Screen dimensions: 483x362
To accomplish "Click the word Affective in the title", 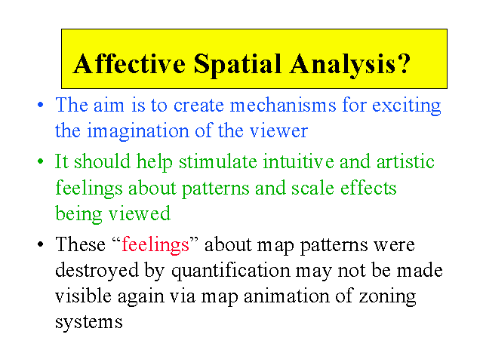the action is coord(129,63).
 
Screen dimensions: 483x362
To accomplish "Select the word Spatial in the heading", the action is coord(238,66).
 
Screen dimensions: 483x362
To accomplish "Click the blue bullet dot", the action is coord(40,105).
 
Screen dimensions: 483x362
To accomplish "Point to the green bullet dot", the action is coord(40,161).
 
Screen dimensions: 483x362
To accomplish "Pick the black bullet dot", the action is coord(40,244).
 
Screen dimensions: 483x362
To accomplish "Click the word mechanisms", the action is coord(283,105).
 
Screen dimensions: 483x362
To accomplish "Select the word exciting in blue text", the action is coord(407,106).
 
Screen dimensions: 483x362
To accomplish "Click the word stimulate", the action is coord(218,161).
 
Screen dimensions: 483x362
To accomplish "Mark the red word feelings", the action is coord(155,246).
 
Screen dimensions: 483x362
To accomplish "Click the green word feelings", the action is coord(89,189).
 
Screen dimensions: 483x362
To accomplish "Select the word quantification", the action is coord(231,271).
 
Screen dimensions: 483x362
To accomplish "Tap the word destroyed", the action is coord(97,270).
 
